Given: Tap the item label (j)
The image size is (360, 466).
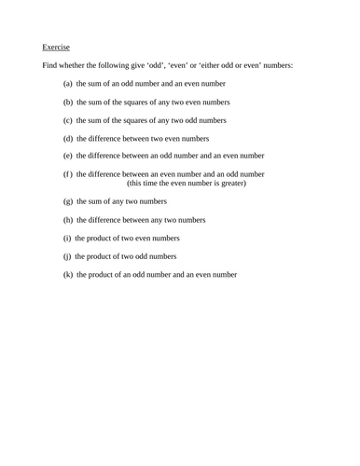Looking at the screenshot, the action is [x=67, y=255].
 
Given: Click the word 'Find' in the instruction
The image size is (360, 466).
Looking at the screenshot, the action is [x=50, y=65].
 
